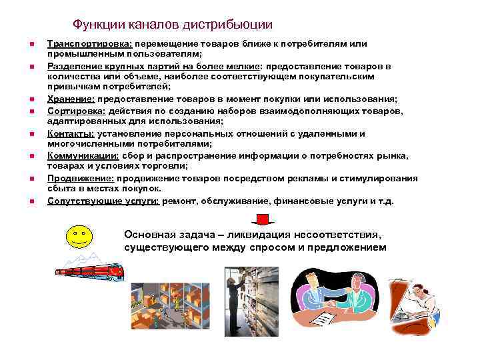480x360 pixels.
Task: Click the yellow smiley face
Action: [x=79, y=237]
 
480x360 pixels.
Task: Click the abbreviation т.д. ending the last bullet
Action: [x=387, y=201]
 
